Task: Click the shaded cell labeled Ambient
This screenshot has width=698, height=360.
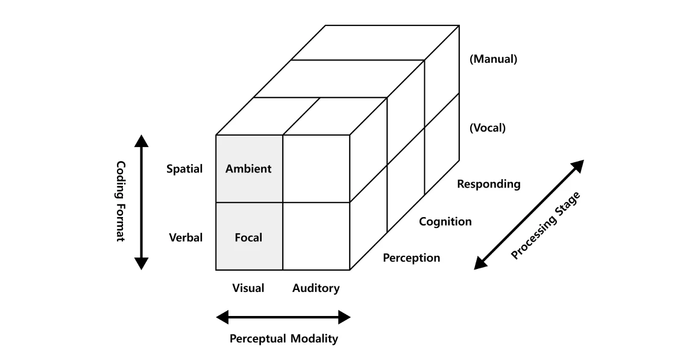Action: pos(249,169)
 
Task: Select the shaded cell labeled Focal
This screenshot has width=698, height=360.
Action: pos(249,237)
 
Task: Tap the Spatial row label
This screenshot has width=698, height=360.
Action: pos(184,169)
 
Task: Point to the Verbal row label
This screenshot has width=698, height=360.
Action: pos(186,237)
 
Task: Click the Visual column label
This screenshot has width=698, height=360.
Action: pos(248,288)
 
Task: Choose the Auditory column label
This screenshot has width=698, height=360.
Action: pos(316,288)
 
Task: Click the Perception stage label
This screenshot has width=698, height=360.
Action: pos(411,258)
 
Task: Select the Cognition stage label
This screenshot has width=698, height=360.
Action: pos(445,221)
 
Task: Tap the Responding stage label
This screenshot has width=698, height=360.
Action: pos(488,184)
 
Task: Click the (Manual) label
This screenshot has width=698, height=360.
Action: pos(493,59)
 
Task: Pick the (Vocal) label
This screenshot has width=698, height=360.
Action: pos(487,128)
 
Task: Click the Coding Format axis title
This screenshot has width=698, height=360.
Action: pos(120,201)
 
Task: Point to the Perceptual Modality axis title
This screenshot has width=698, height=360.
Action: pos(283,338)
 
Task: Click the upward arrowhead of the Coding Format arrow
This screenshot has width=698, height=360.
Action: pos(141,141)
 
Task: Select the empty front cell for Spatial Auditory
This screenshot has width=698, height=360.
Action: pos(316,169)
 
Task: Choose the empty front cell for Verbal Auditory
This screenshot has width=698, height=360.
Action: pos(316,236)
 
